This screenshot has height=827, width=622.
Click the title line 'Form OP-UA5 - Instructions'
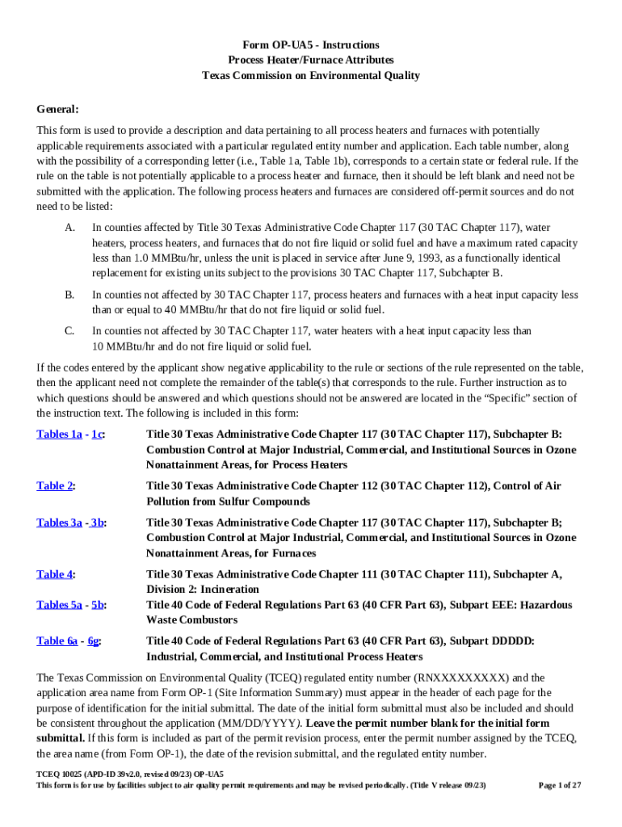click(311, 45)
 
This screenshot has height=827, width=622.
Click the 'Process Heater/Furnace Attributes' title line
click(311, 61)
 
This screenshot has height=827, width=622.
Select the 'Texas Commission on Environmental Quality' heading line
click(311, 76)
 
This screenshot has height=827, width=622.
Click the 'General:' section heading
click(57, 109)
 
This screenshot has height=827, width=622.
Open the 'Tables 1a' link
click(59, 434)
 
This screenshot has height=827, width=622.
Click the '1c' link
click(97, 434)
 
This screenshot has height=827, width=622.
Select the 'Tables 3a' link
click(59, 523)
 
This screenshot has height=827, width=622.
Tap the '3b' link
click(98, 523)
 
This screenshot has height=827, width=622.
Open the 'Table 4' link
click(55, 574)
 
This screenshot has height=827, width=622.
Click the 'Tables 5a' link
click(59, 605)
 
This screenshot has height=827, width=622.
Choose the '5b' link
click(98, 605)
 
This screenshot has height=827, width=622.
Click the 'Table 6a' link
click(57, 641)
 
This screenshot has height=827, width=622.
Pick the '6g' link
click(95, 641)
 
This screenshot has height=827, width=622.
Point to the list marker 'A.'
click(69, 229)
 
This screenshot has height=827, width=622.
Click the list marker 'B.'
click(69, 296)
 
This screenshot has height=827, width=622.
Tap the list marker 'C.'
click(69, 331)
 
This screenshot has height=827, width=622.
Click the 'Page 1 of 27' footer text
click(560, 785)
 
